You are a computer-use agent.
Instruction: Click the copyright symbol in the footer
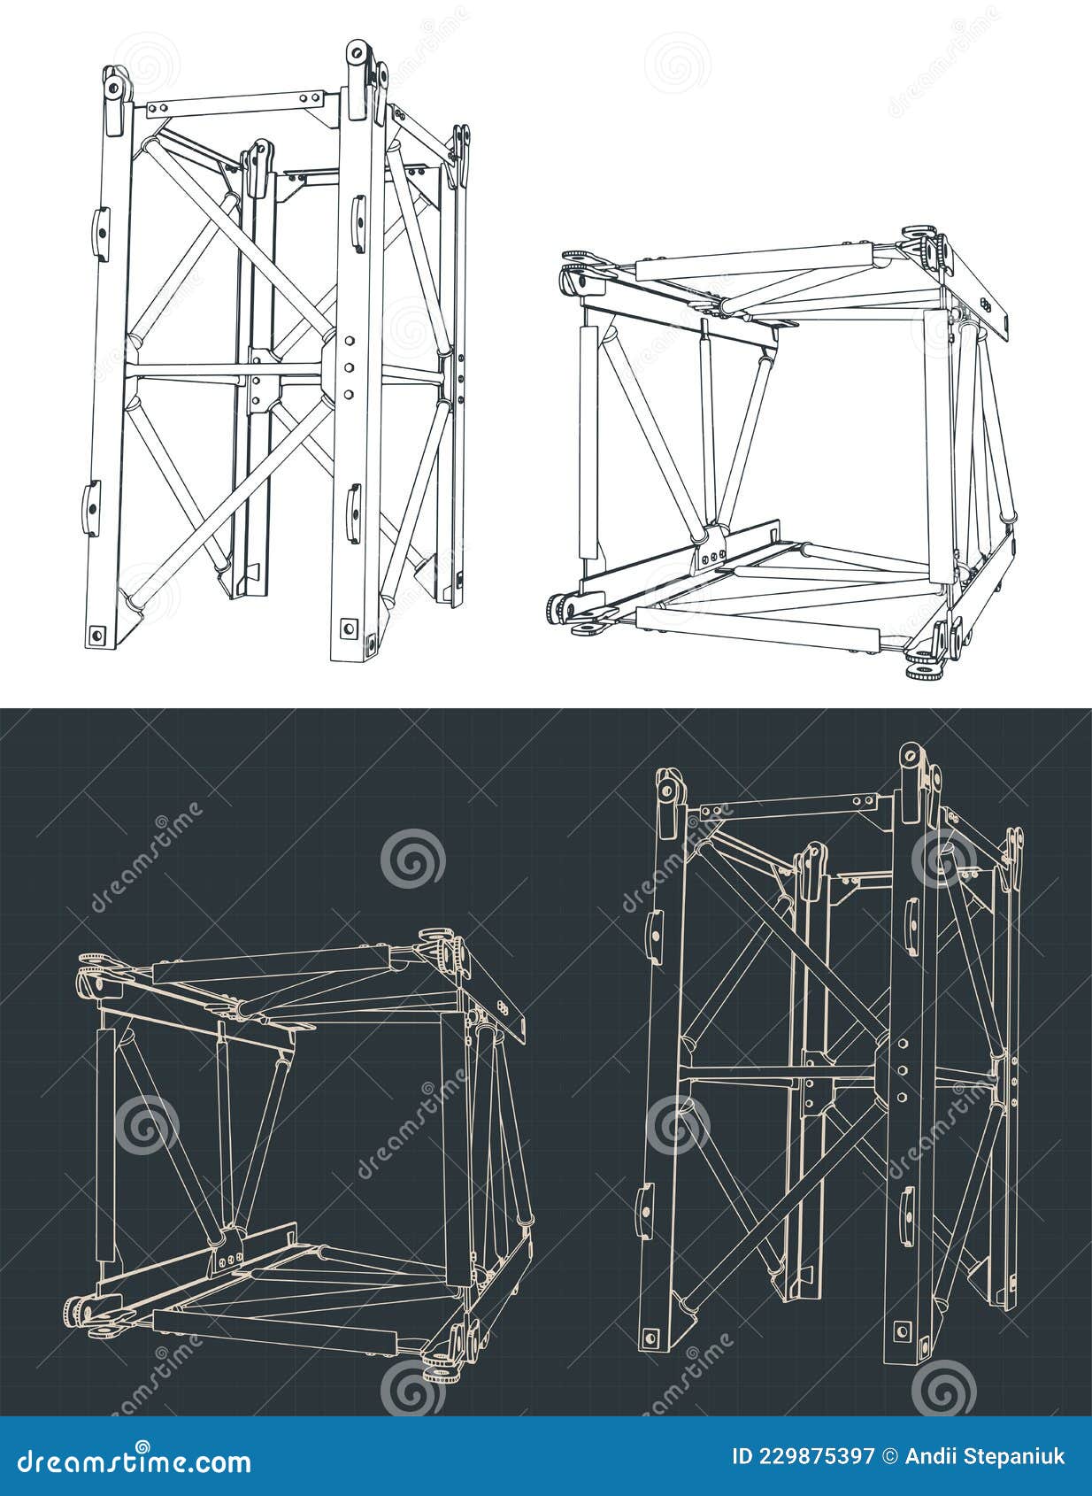891,1456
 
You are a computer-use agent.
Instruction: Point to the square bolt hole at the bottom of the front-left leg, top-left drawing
97,634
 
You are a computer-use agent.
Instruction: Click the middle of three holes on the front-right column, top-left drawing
350,366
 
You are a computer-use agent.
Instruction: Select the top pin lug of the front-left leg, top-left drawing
114,88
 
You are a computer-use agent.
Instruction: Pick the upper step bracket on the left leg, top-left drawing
102,233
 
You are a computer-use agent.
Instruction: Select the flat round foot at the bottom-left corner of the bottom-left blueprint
103,1330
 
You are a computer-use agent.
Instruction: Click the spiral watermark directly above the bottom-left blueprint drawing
412,859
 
